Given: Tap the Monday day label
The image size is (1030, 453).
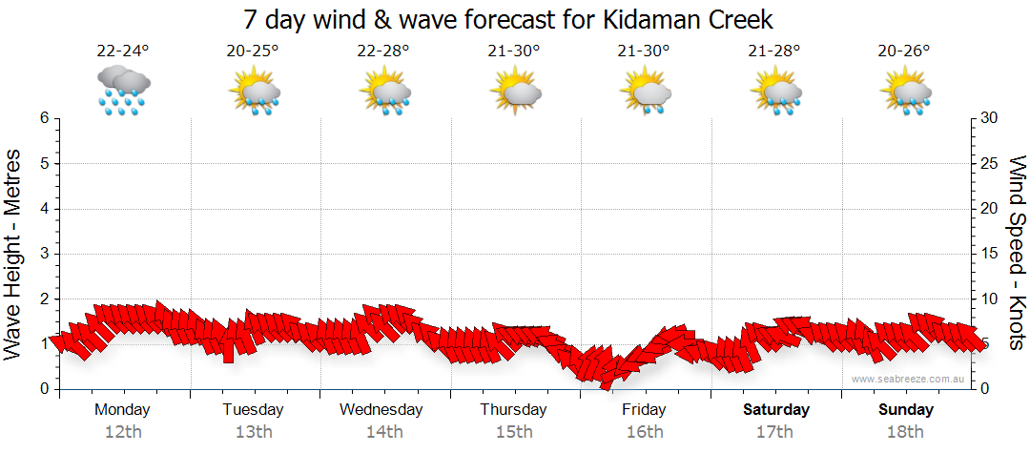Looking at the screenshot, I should [122, 409].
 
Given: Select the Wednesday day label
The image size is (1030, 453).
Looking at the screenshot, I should [381, 409].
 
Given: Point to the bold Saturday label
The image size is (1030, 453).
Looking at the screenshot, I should [776, 409].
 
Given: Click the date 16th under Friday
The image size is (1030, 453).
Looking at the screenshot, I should [645, 432].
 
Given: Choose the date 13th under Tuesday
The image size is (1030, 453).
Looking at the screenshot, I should [254, 432].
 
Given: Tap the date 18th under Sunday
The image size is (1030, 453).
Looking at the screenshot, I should [906, 432].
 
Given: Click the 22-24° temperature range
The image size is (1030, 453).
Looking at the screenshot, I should [122, 51].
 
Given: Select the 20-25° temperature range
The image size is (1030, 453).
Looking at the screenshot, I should [253, 51].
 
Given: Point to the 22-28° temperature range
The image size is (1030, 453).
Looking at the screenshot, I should [383, 51].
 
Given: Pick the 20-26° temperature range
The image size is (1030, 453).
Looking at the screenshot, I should [905, 51].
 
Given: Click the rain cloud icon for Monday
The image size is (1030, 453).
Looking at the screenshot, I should [123, 91].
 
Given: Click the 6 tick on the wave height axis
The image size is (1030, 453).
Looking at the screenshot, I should [43, 118].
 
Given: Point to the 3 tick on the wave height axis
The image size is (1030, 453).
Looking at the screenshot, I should [43, 254].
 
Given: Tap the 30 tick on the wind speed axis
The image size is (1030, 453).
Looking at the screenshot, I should [991, 118].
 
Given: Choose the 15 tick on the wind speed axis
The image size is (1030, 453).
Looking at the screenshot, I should [991, 254].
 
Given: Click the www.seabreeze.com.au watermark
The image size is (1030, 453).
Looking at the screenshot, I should [909, 379].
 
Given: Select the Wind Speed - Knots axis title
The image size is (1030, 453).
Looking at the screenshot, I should [1017, 252].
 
